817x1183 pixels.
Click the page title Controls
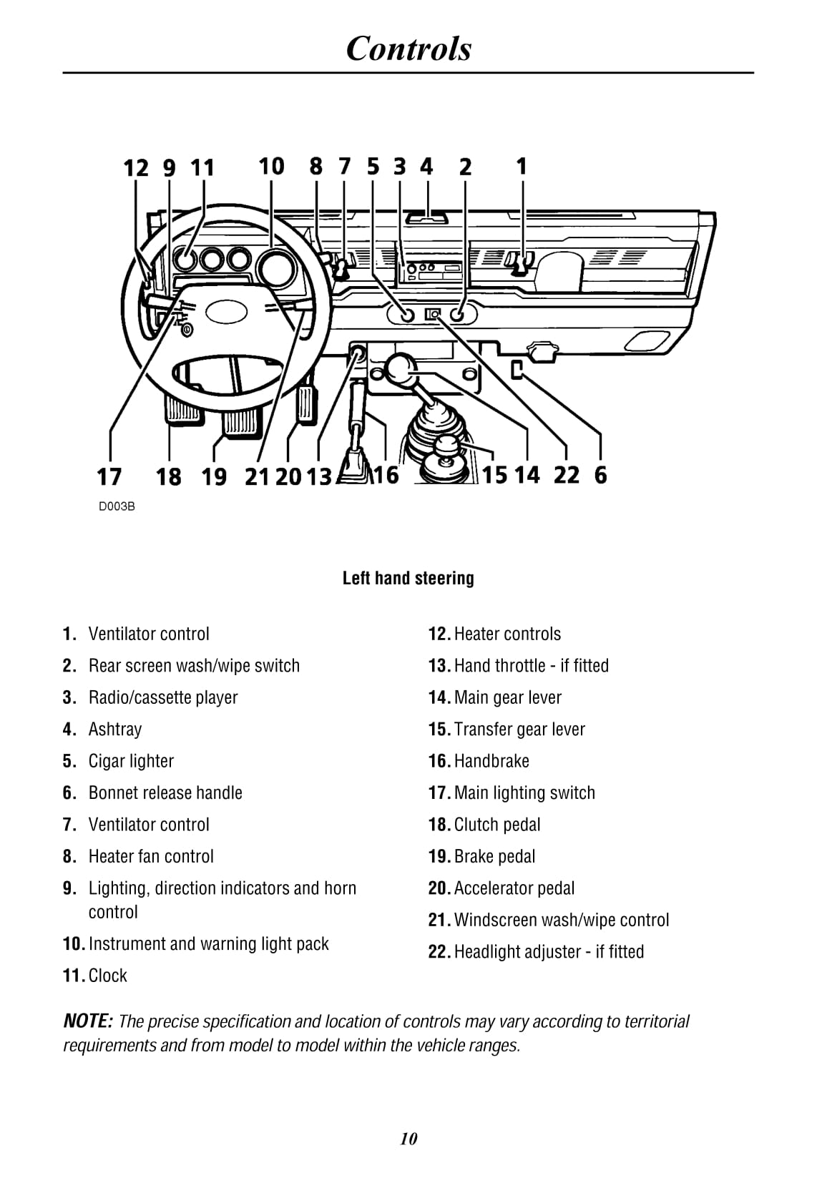tap(408, 49)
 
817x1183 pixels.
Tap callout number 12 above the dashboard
tap(136, 168)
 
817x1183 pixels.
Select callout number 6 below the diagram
tap(600, 474)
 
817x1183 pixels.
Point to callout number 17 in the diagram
tap(109, 476)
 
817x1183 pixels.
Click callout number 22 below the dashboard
tap(566, 474)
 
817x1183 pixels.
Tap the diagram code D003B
tap(117, 506)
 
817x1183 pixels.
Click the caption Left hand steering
tap(408, 578)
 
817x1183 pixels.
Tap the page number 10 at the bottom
tap(408, 1139)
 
